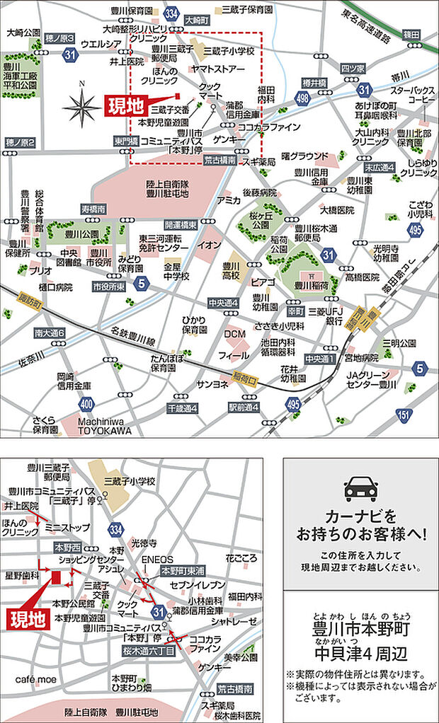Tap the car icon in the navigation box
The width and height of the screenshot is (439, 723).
click(360, 489)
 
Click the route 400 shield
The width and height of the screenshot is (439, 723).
click(86, 404)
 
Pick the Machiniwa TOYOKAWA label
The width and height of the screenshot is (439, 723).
click(104, 424)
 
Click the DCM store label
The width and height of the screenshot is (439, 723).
click(234, 333)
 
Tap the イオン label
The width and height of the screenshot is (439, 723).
click(209, 245)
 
